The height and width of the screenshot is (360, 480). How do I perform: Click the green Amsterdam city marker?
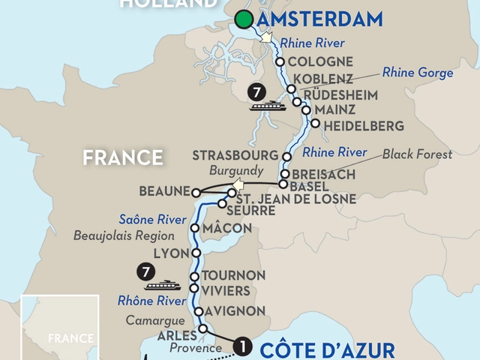(243, 20)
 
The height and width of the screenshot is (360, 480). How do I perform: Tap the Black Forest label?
(418, 154)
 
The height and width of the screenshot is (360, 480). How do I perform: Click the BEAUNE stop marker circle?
(196, 191)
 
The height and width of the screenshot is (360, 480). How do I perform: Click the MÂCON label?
(223, 227)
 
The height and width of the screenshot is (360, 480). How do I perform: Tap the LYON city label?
(169, 253)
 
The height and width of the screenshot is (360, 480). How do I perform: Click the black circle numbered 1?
(241, 346)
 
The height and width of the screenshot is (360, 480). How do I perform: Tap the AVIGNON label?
(235, 310)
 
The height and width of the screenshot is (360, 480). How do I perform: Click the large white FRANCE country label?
(123, 157)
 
